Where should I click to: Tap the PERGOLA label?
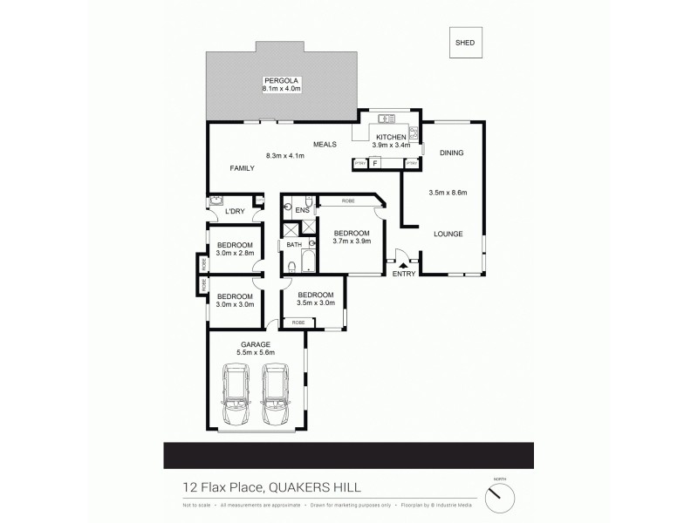click(x=281, y=80)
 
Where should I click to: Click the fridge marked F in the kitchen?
click(x=375, y=163)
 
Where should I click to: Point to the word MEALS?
click(x=326, y=146)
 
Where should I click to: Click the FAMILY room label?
click(x=242, y=167)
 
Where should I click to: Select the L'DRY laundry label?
click(x=234, y=212)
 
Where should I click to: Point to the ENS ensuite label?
click(x=302, y=211)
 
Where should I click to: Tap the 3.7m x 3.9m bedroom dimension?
click(x=352, y=241)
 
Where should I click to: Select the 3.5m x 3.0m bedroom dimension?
click(x=316, y=303)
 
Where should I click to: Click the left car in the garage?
click(x=236, y=391)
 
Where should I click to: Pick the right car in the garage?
click(x=277, y=391)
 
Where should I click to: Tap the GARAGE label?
click(x=257, y=344)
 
